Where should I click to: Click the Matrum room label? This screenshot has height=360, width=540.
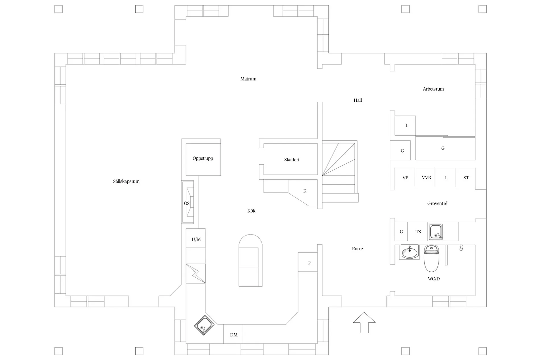tap(248, 79)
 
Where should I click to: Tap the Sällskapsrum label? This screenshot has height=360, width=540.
tap(126, 182)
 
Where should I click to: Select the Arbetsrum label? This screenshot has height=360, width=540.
tap(433, 89)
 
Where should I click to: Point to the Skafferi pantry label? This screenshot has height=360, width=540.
tap(292, 160)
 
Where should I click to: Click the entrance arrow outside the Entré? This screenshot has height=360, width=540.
tap(364, 322)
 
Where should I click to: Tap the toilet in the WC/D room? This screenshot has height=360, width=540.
tap(431, 258)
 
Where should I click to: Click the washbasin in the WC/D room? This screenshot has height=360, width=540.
tap(409, 252)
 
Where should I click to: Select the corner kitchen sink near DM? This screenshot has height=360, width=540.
tap(204, 325)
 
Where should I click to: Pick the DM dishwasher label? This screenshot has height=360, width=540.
tap(234, 335)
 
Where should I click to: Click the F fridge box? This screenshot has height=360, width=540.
tap(308, 262)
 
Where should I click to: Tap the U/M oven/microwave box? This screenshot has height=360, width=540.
tap(196, 238)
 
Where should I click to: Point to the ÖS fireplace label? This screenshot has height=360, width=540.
tap(187, 203)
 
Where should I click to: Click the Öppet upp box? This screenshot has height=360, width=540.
tap(203, 159)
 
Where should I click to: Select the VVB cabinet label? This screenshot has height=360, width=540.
tap(426, 178)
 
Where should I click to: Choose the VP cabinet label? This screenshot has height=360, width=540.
tap(405, 178)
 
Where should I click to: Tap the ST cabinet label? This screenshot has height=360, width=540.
tap(466, 178)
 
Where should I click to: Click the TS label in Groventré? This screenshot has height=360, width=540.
tap(418, 232)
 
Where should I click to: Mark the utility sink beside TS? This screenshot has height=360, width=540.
tap(436, 232)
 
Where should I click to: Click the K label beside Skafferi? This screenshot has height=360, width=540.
tap(305, 191)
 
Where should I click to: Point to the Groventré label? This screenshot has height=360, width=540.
tap(437, 203)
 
